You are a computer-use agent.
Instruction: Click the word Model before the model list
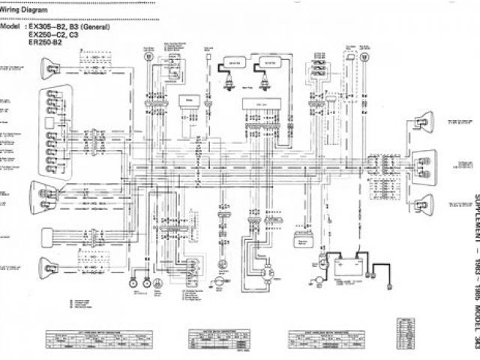click(12, 25)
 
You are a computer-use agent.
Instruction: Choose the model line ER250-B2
click(46, 43)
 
